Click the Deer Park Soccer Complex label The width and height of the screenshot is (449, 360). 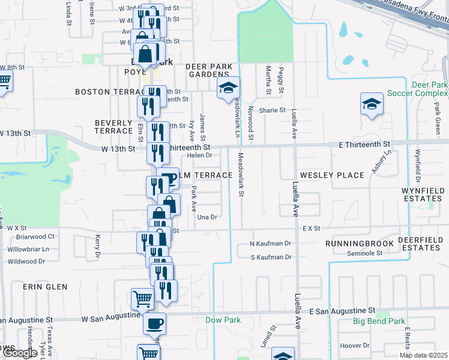click(x=417, y=89)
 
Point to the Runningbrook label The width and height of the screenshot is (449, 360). click(x=358, y=244)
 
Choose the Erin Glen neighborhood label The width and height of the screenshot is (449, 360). click(x=45, y=287)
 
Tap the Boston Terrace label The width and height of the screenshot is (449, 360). click(x=108, y=92)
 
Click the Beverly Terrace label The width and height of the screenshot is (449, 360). click(x=113, y=126)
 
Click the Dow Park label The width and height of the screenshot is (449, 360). click(x=223, y=320)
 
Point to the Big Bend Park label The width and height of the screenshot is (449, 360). click(x=379, y=322)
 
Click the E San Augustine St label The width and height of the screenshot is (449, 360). click(x=342, y=311)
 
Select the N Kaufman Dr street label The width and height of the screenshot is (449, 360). click(x=271, y=244)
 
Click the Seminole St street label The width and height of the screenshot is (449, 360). click(x=364, y=254)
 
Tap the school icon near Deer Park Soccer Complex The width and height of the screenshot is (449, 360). click(x=372, y=103)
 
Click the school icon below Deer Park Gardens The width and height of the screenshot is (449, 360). click(x=228, y=88)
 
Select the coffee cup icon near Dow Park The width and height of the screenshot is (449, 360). click(x=154, y=323)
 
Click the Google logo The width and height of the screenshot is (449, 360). click(x=20, y=353)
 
